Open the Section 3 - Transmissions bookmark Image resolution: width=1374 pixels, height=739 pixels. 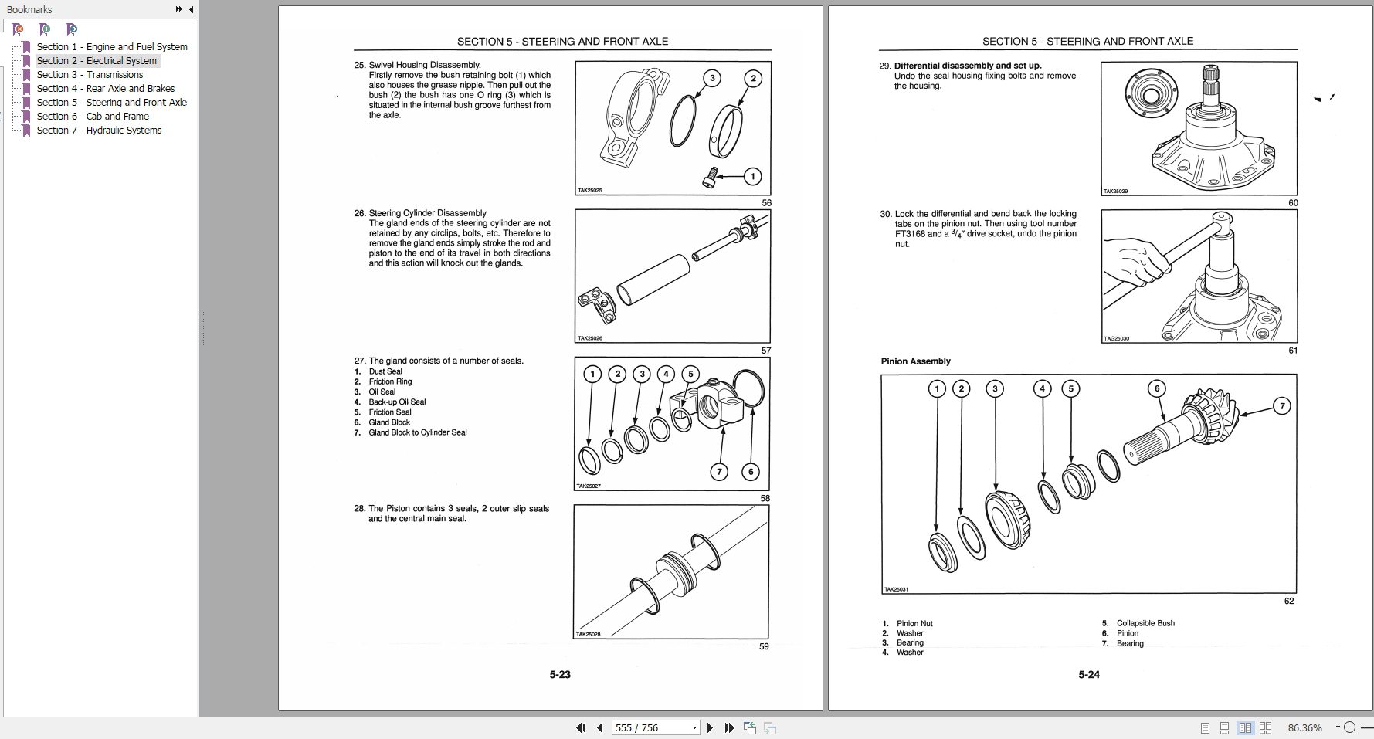[90, 75]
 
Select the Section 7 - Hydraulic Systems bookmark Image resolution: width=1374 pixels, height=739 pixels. [99, 131]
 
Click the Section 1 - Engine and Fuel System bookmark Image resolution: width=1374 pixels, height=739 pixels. [112, 47]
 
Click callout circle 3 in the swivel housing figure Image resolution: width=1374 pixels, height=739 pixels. [712, 78]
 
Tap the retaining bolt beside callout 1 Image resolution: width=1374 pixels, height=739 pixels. [710, 178]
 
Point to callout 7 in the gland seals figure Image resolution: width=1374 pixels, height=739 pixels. [719, 471]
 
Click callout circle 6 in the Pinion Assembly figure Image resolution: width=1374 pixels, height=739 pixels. [1156, 388]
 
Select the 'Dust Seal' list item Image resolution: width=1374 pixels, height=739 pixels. [385, 371]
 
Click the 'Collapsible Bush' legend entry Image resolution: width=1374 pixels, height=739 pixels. [1145, 623]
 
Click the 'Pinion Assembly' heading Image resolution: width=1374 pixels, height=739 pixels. [915, 361]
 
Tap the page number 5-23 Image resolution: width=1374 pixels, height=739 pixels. [560, 675]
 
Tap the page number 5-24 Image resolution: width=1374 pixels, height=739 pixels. [1089, 675]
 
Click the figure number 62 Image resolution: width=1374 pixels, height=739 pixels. [1288, 601]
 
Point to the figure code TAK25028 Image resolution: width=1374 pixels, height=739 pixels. [589, 635]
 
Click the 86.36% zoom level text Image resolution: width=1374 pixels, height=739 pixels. [1304, 727]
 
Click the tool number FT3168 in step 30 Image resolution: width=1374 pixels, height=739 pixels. [909, 234]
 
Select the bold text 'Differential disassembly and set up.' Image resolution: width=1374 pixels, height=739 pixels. [968, 66]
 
